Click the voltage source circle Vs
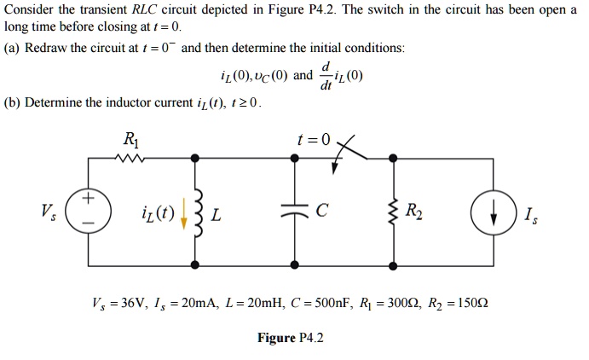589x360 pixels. pyautogui.click(x=88, y=210)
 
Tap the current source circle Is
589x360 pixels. pyautogui.click(x=492, y=211)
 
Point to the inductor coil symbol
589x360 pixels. pyautogui.click(x=197, y=211)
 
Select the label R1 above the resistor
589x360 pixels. pyautogui.click(x=130, y=139)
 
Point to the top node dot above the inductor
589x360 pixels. pyautogui.click(x=197, y=158)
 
